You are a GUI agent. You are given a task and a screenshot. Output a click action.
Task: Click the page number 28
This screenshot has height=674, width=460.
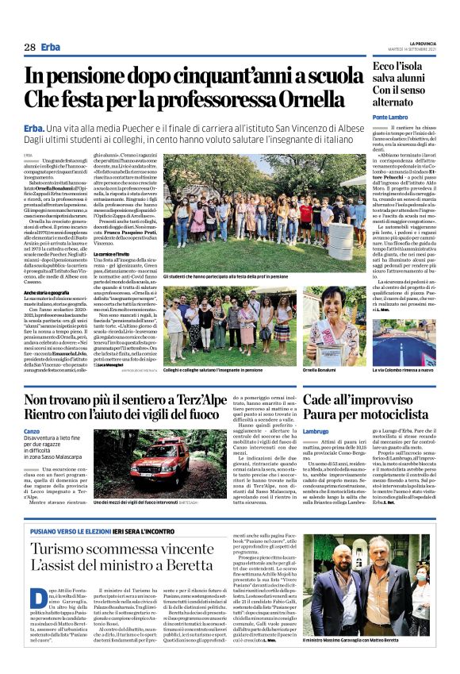pos(29,47)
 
